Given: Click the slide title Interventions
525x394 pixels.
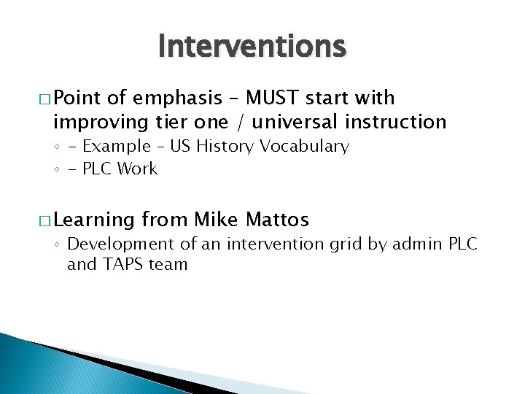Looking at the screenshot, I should point(252,47).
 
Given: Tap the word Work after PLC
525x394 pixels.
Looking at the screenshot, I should point(138,169).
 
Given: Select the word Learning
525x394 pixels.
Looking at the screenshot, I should point(94,219).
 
